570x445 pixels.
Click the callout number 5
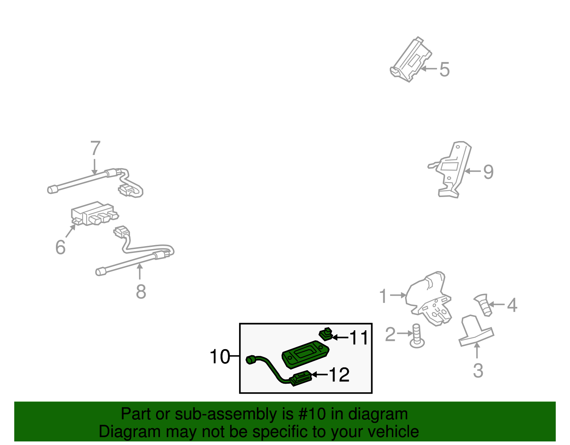[444, 69]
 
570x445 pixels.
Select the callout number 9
[488, 172]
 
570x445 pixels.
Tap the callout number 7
[95, 148]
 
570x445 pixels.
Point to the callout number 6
[61, 247]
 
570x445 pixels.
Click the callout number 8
[141, 292]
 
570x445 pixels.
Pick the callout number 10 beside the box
[219, 357]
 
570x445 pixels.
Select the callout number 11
[359, 338]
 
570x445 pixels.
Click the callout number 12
[339, 375]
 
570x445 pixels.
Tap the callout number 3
[478, 371]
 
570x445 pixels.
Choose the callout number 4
[512, 305]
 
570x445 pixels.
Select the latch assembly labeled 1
[429, 299]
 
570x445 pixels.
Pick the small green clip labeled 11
[325, 334]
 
